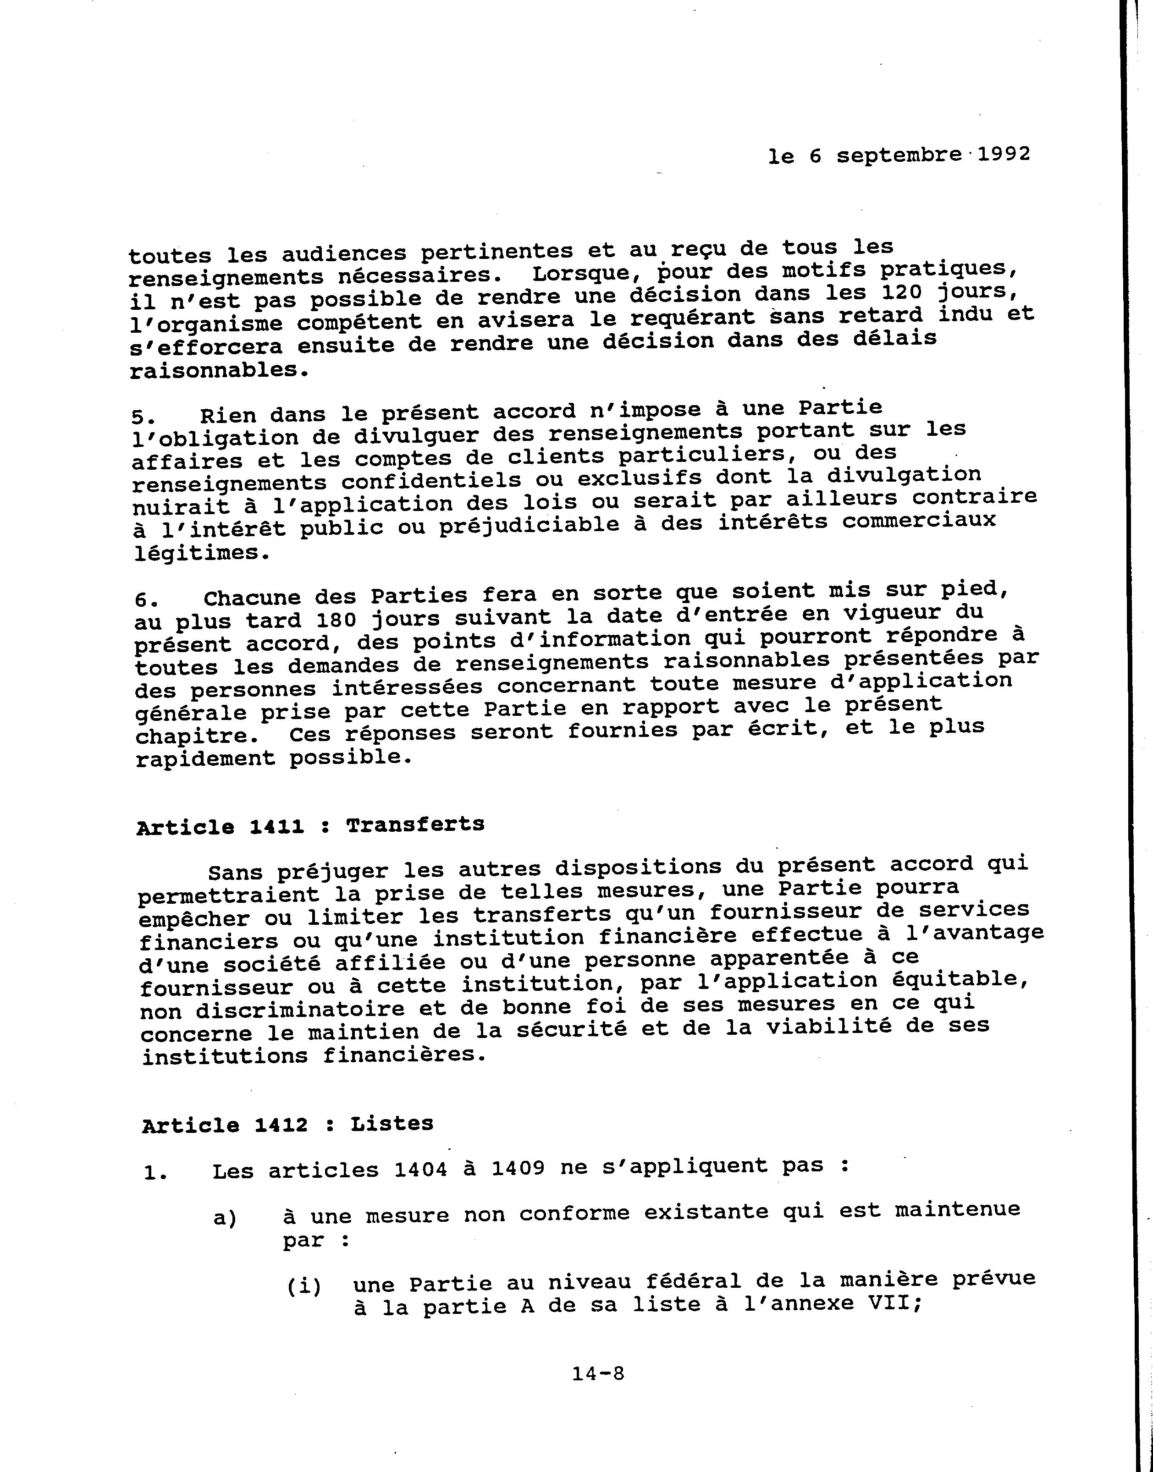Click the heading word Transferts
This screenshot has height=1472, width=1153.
(x=415, y=825)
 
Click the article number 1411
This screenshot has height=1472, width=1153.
(x=277, y=827)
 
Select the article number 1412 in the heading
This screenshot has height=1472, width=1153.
(x=281, y=1125)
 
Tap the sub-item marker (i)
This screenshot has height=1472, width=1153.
(x=304, y=1286)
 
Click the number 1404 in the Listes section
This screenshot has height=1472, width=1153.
(x=420, y=1170)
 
